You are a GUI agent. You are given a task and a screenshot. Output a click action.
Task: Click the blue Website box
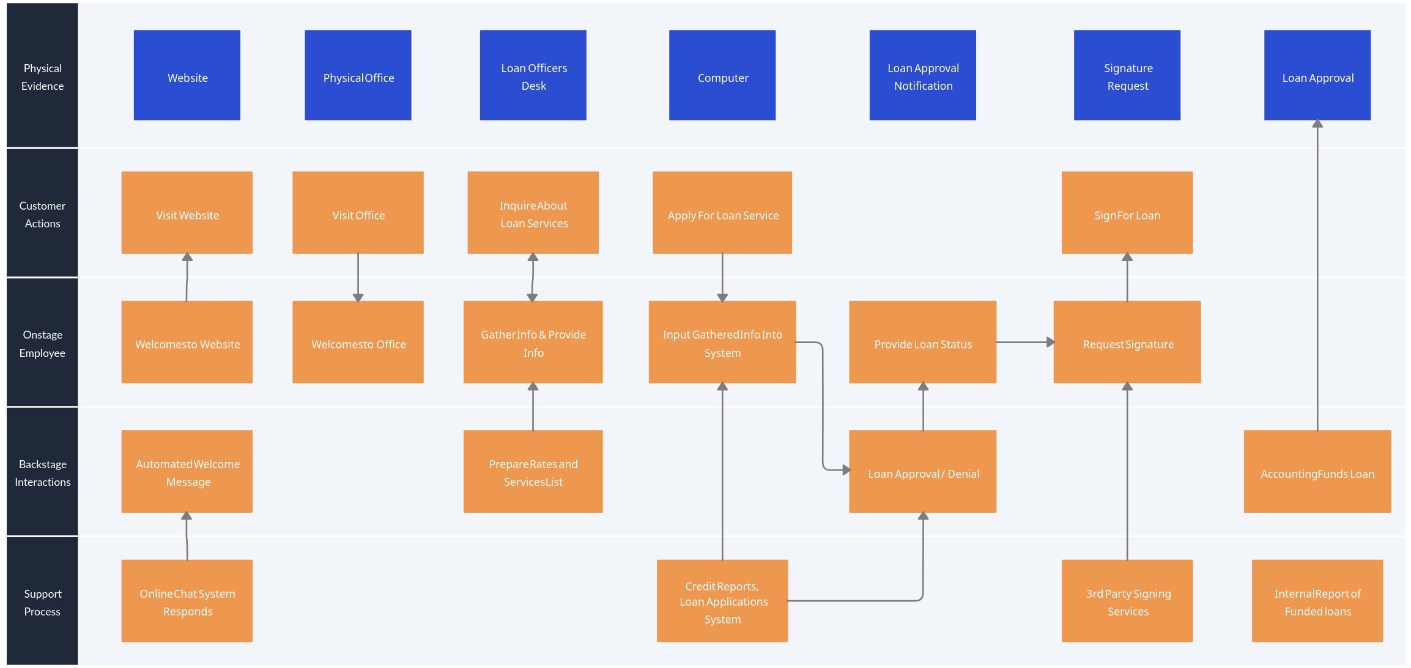tap(187, 75)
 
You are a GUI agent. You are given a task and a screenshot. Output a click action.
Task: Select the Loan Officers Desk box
tap(533, 75)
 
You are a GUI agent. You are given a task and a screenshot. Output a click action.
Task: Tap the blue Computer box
tap(722, 75)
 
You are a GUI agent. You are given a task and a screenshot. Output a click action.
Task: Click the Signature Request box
tap(1127, 75)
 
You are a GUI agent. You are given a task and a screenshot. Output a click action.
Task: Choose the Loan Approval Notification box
tap(922, 75)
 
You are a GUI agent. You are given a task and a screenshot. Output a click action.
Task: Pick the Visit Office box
tap(358, 213)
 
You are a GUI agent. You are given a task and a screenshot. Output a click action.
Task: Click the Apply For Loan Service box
tap(722, 213)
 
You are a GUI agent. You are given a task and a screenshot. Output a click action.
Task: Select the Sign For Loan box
tap(1127, 213)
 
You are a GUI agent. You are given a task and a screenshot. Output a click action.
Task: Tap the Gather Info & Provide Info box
tap(533, 342)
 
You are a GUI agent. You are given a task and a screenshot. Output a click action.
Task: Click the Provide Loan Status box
tap(922, 342)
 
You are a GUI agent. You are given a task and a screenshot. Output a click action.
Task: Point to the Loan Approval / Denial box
tap(922, 471)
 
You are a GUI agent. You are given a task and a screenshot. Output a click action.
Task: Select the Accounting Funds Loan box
tap(1317, 471)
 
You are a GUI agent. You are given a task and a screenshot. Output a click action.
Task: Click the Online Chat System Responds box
tap(187, 601)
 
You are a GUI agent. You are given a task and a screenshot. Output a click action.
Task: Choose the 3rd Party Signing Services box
tap(1127, 601)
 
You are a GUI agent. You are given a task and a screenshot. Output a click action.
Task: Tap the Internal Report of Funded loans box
tap(1317, 601)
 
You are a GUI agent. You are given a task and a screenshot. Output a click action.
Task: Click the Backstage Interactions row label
tap(42, 472)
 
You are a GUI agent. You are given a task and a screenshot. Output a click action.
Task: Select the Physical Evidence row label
tap(42, 76)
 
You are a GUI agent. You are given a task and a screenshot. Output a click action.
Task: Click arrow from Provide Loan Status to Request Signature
tap(1024, 342)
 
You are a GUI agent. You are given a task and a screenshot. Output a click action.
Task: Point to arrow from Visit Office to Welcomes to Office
tap(358, 277)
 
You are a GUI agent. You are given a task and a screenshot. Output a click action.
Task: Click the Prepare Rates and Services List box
tap(533, 471)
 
